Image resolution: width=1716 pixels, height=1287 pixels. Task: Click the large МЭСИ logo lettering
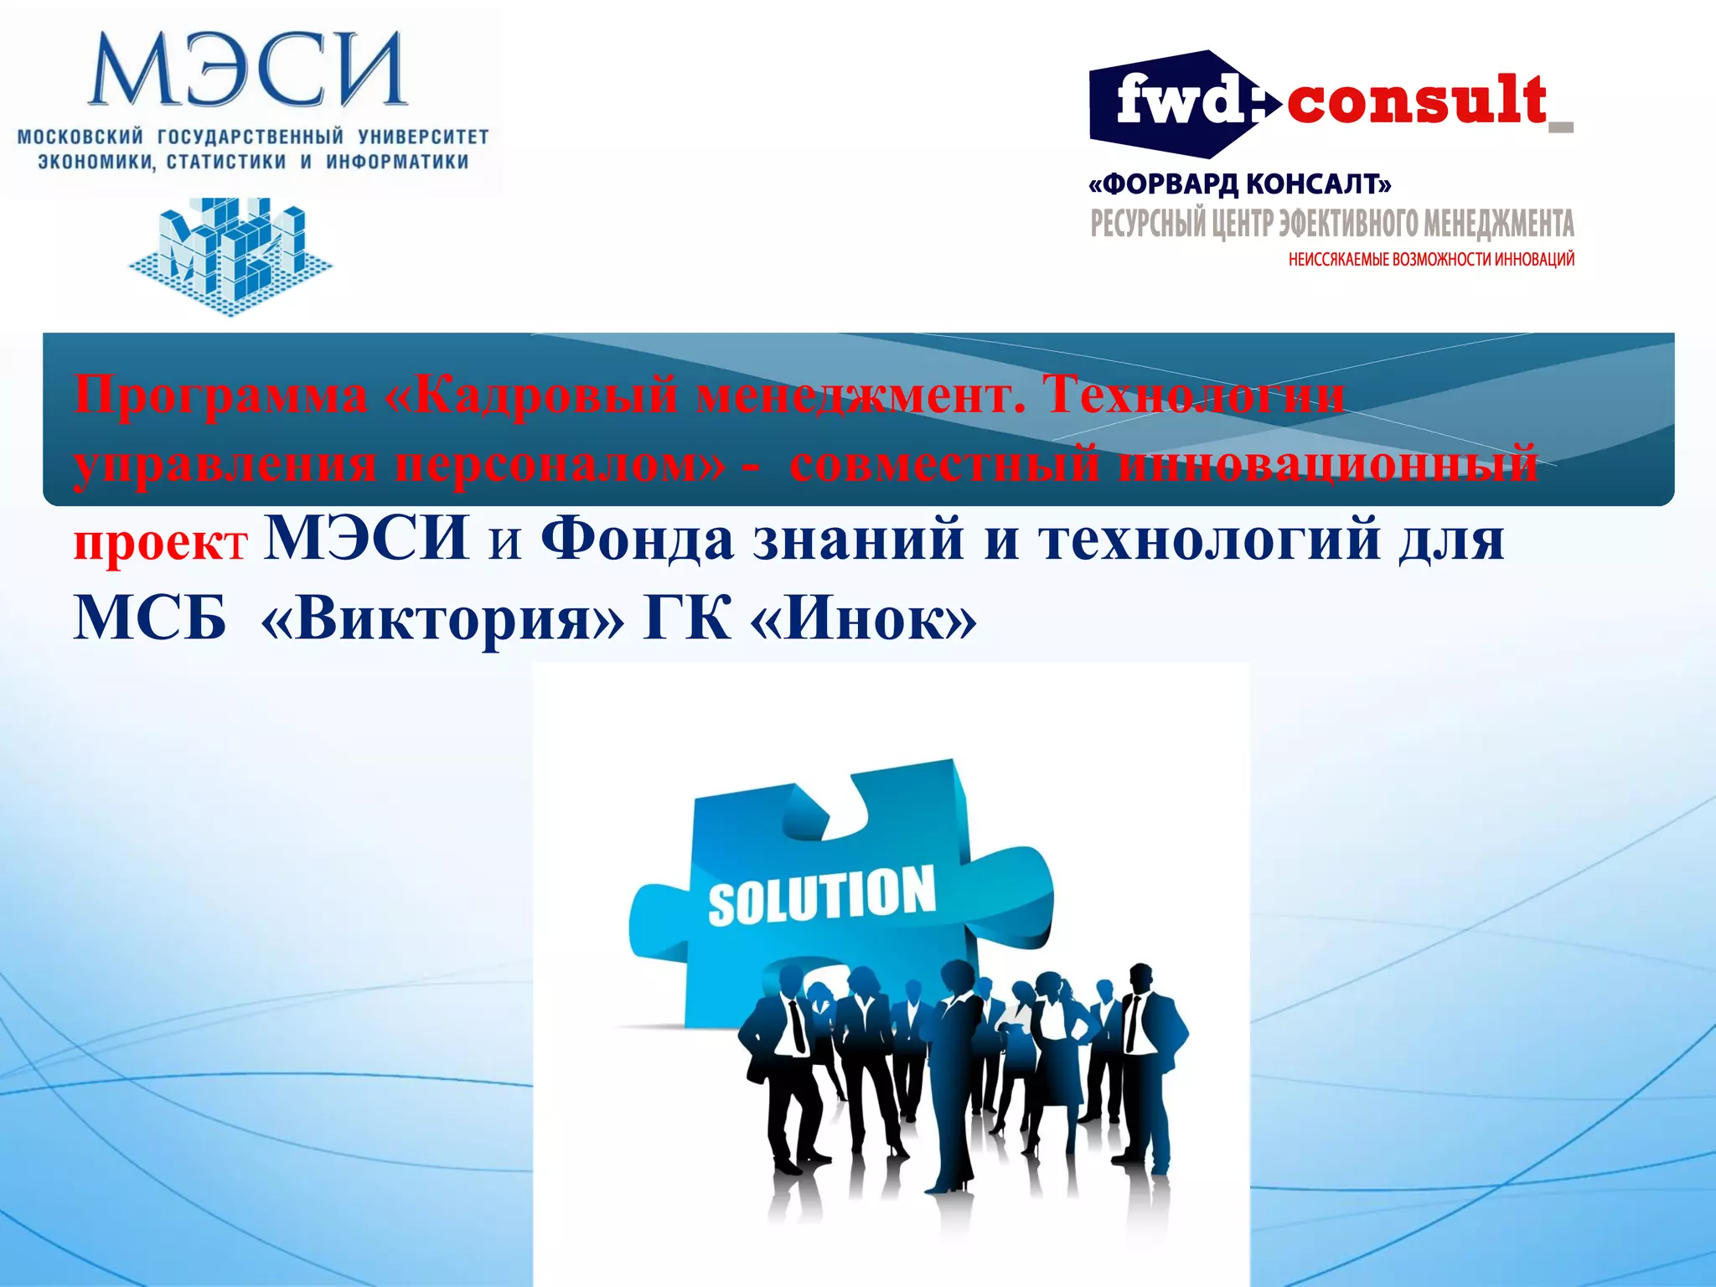248,70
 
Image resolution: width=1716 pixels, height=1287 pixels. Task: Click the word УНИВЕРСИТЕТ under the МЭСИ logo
423,137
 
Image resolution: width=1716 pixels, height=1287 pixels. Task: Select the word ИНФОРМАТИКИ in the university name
397,162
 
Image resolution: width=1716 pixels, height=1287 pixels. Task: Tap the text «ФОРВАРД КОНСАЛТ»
1239,183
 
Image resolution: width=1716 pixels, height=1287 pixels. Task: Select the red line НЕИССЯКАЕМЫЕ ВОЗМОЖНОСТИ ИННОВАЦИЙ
1431,260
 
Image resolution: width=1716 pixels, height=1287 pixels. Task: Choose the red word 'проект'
160,544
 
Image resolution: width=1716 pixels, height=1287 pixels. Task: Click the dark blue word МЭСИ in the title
366,538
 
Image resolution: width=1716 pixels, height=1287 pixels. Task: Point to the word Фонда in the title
637,540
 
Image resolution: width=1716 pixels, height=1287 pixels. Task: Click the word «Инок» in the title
864,619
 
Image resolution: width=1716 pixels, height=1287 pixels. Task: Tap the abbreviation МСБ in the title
150,619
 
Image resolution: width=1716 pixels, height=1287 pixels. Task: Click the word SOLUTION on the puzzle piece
821,895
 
